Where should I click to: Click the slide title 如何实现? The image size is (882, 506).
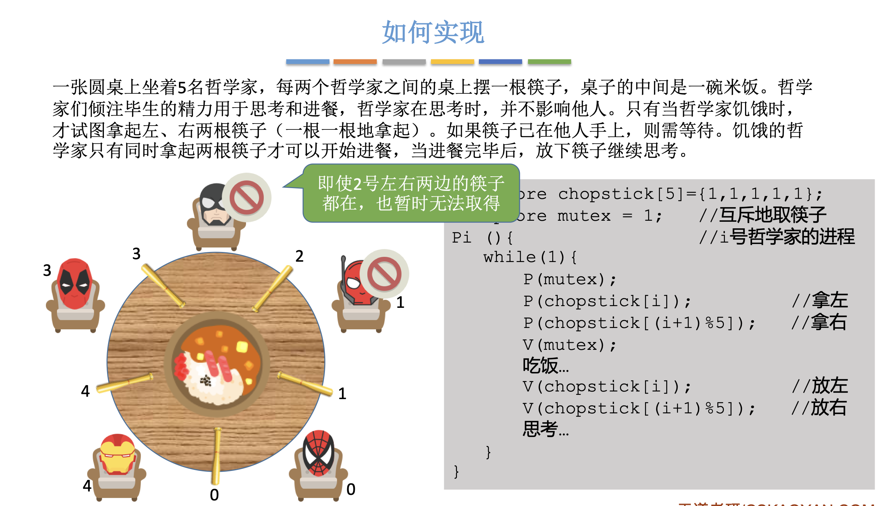433,32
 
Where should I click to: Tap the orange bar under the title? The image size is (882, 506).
355,62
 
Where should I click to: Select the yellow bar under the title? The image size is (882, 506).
452,62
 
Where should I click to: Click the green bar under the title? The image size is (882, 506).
549,62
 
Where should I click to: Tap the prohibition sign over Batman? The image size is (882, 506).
247,197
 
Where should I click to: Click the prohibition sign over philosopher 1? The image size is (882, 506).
384,274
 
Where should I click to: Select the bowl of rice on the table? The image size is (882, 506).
217,364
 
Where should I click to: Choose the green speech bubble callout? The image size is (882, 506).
411,193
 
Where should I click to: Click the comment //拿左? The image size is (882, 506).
820,301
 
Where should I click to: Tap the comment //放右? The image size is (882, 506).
819,408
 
